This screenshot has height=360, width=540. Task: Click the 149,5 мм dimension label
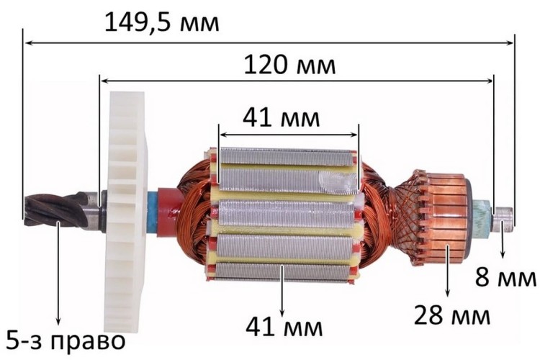coord(161,23)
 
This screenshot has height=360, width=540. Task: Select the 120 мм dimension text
coord(289,65)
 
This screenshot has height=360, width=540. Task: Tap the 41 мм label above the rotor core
coord(281,118)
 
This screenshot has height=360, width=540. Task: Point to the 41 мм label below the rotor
coord(284,327)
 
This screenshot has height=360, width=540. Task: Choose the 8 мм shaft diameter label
coord(505,277)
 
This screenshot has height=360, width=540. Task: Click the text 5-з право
coord(66,341)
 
